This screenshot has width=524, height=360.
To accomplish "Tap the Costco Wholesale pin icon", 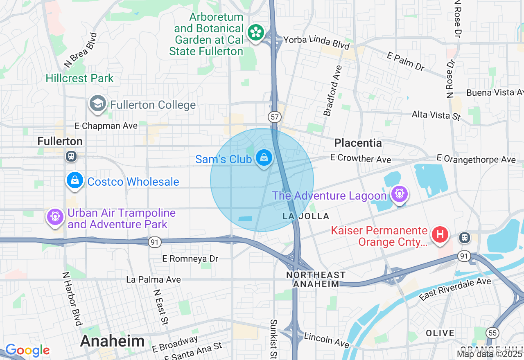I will point(75,180).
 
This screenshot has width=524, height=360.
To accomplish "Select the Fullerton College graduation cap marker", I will point(97,104).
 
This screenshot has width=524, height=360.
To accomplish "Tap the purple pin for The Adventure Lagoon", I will point(399,194).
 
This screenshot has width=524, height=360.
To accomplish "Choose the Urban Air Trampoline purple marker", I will point(54,217).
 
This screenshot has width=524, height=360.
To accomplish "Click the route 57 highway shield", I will point(275,117).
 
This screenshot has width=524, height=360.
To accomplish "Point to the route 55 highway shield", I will point(492,333).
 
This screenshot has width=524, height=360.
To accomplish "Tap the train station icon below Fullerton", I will point(71,156).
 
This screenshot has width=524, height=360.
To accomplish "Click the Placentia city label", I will point(358,143).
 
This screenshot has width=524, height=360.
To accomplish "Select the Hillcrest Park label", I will point(79,78).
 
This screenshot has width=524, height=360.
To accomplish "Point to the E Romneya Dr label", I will point(190,259).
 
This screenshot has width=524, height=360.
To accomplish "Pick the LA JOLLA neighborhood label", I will point(306,216).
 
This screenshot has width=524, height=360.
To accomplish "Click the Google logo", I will point(27,350).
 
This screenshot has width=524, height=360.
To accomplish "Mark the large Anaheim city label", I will point(113,341).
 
